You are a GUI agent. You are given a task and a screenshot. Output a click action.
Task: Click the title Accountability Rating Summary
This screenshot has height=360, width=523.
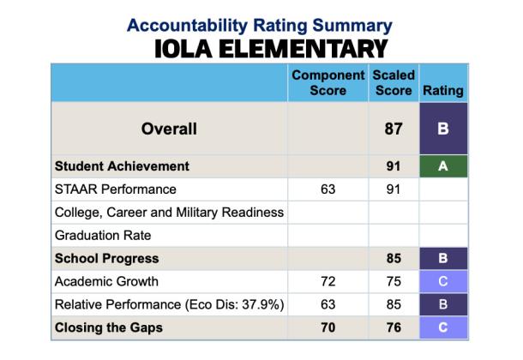tap(260, 25)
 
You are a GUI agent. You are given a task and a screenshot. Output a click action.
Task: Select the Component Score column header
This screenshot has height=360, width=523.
tap(328, 83)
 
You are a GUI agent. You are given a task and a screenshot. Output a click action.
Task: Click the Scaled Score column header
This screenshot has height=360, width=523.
tap(394, 83)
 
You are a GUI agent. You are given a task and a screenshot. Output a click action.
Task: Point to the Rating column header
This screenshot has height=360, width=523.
tap(443, 90)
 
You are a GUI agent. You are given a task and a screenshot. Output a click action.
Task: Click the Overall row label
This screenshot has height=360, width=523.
tap(169, 129)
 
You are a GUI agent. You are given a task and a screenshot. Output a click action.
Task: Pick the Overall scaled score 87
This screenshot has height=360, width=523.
tap(394, 129)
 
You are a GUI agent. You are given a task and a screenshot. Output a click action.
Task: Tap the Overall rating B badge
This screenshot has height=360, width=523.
tap(443, 129)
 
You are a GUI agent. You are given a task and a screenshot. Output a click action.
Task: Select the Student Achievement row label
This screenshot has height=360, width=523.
tap(122, 166)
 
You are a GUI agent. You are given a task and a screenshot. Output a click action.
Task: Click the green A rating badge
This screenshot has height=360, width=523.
tap(443, 166)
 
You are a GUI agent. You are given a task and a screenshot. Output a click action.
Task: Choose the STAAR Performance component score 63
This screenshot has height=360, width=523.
tap(328, 189)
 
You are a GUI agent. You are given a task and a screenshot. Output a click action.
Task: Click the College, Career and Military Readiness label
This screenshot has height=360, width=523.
tap(169, 213)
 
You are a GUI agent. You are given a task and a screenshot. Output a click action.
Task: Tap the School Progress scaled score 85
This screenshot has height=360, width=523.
tap(394, 258)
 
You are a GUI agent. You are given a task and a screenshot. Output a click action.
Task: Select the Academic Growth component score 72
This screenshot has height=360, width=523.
tap(328, 281)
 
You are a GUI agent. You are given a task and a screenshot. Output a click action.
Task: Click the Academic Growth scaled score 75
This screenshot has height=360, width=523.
tap(394, 281)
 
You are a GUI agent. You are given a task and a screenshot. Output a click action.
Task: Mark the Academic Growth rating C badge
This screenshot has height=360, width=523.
tap(443, 281)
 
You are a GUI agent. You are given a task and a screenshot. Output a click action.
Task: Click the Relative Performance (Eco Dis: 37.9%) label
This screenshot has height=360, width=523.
tap(169, 304)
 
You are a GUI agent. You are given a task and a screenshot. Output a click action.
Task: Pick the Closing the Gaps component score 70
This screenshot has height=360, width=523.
tap(328, 327)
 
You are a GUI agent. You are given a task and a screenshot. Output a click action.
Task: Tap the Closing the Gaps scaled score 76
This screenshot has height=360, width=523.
tap(394, 327)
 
